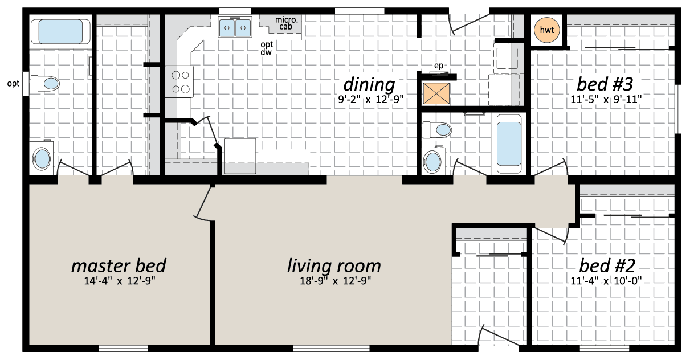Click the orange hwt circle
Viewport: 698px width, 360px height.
point(546,30)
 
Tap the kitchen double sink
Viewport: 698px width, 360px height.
point(235,27)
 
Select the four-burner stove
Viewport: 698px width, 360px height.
point(179,81)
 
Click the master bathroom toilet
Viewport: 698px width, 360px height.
point(45,84)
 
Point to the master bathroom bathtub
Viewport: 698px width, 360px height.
point(61,31)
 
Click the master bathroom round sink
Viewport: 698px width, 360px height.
point(42,158)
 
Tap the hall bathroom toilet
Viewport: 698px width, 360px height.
point(437,129)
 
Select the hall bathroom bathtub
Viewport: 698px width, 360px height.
point(509,144)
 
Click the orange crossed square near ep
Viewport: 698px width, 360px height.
point(436,93)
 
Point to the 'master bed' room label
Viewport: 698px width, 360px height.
point(119,265)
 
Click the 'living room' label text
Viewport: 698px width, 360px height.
point(334,266)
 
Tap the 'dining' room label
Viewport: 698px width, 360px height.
point(369,85)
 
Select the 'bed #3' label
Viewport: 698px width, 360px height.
point(605,84)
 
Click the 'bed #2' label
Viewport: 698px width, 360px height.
point(607,265)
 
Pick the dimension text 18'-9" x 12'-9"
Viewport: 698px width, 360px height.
point(335,281)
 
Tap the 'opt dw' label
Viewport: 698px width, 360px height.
point(267,48)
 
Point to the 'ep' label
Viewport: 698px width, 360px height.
point(438,66)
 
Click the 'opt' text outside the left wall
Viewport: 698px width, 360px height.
point(14,84)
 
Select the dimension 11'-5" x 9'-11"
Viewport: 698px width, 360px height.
point(606,100)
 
